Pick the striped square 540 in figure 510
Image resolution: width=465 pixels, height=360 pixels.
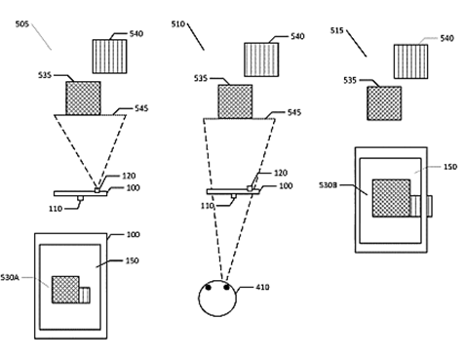pyautogui.click(x=260, y=55)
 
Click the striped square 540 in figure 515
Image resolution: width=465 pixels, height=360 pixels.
pyautogui.click(x=411, y=61)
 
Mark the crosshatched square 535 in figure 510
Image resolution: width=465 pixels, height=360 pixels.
pyautogui.click(x=235, y=100)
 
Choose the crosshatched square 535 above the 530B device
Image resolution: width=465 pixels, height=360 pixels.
pyautogui.click(x=384, y=102)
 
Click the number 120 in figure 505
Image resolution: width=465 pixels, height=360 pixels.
pyautogui.click(x=128, y=176)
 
